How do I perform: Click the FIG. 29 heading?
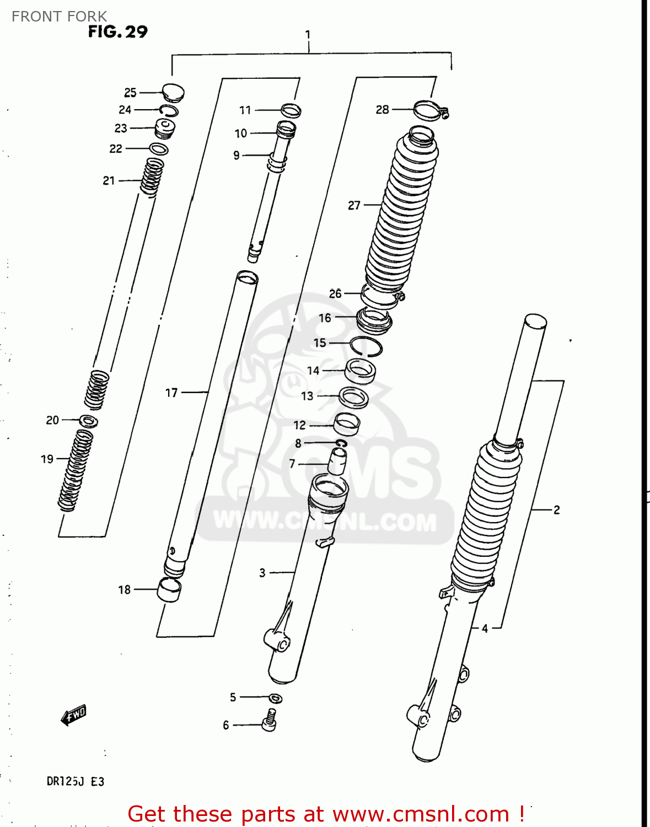[x=117, y=32]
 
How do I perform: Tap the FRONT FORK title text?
[x=59, y=17]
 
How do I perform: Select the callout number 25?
[x=130, y=93]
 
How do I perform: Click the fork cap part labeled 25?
[x=173, y=92]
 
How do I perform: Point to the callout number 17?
[x=171, y=393]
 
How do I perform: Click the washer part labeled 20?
[x=89, y=422]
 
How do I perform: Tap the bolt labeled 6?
[x=270, y=721]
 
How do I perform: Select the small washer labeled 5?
[x=276, y=698]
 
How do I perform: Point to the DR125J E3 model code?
[x=76, y=781]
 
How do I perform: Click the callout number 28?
[x=382, y=110]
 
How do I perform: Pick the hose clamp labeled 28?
[x=430, y=110]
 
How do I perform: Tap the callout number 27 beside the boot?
[x=354, y=206]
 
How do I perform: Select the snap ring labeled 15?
[x=366, y=346]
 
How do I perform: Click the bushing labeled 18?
[x=170, y=590]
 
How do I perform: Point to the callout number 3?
[x=262, y=573]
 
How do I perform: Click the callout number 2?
[x=557, y=510]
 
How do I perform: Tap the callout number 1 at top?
[x=308, y=35]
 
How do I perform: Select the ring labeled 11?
[x=291, y=110]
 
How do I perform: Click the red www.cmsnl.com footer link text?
[x=421, y=814]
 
